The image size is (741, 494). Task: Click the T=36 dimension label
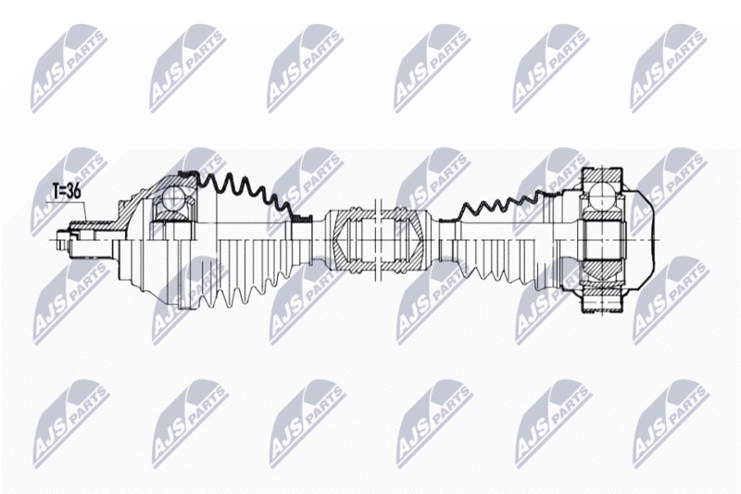click(67, 192)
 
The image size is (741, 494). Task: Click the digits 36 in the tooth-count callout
click(74, 192)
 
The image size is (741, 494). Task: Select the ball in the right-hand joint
click(600, 195)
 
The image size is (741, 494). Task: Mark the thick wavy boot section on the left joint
click(242, 192)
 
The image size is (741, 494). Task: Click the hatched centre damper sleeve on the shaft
click(378, 240)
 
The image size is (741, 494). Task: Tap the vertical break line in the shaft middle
click(378, 240)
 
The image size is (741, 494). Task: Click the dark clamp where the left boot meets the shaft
click(302, 218)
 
